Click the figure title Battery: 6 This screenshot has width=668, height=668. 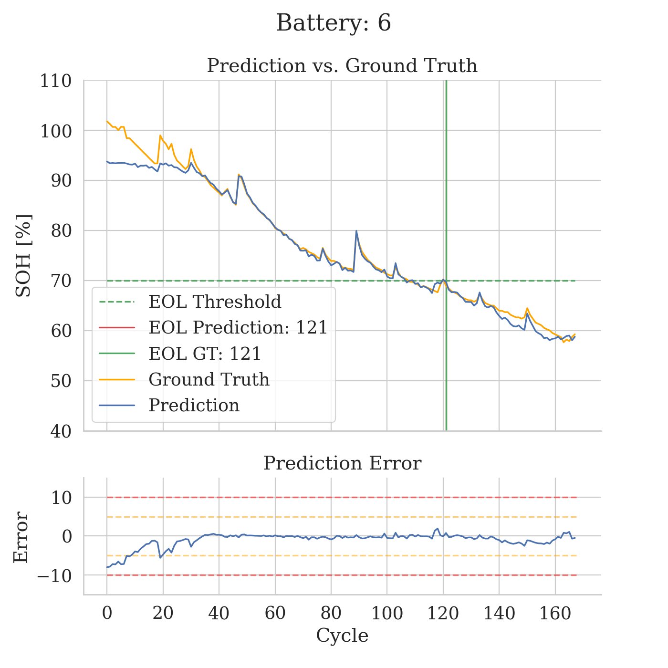tap(334, 23)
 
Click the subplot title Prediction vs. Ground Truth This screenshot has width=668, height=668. tap(342, 66)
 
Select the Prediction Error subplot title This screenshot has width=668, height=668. tap(342, 463)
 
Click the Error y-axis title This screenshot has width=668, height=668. tap(21, 537)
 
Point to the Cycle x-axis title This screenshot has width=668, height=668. tap(342, 636)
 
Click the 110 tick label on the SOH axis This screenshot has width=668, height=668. tap(55, 81)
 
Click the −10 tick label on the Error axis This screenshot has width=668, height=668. tap(54, 576)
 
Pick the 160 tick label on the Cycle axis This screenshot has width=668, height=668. tap(555, 614)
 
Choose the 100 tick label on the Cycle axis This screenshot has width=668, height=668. tap(387, 614)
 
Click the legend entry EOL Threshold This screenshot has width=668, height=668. tap(215, 302)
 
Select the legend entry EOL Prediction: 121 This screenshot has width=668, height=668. tap(238, 328)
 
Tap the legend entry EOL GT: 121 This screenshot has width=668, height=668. tap(205, 354)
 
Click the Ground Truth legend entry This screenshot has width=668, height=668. tap(209, 379)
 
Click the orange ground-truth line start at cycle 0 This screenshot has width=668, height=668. tap(107, 121)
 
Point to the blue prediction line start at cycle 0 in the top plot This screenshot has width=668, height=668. tap(107, 161)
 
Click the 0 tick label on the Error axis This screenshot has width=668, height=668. tap(67, 537)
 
